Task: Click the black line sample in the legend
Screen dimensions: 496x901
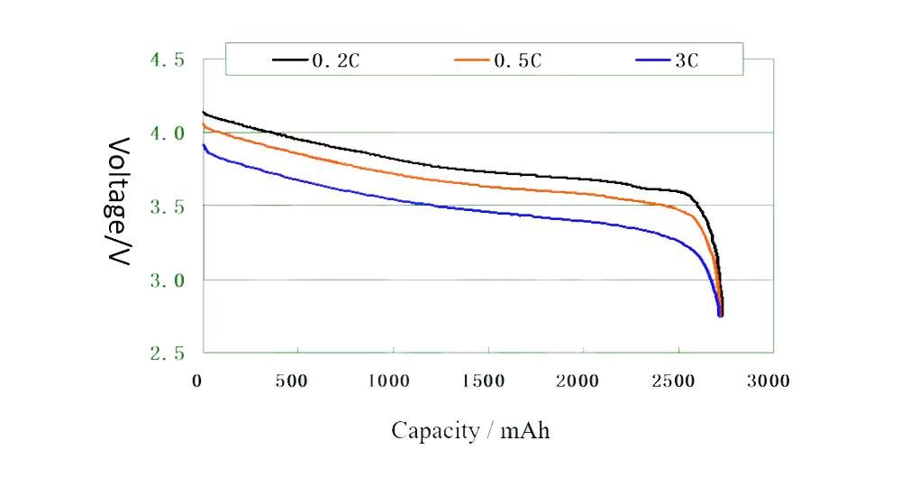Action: tap(291, 60)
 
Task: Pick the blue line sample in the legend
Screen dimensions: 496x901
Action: tap(653, 60)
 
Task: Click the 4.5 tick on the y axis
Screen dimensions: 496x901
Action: tap(167, 60)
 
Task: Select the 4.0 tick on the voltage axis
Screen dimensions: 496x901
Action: tap(167, 133)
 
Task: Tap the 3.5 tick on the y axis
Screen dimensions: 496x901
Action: tap(167, 207)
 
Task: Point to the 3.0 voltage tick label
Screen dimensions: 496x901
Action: tap(167, 280)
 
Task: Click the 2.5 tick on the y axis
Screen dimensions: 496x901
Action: tap(167, 353)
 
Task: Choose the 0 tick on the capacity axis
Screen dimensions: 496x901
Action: tap(197, 381)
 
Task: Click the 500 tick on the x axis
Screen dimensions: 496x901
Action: tap(291, 381)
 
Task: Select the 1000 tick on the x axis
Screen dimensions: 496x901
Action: tap(389, 381)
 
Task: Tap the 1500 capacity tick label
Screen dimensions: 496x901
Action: tap(484, 381)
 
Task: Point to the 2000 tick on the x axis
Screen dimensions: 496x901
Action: tap(579, 381)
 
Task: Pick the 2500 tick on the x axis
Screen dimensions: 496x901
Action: tap(674, 381)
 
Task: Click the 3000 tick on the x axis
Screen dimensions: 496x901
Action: tap(769, 381)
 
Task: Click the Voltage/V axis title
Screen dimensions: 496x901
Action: tap(121, 203)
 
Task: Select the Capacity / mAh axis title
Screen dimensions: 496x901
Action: tap(470, 431)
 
